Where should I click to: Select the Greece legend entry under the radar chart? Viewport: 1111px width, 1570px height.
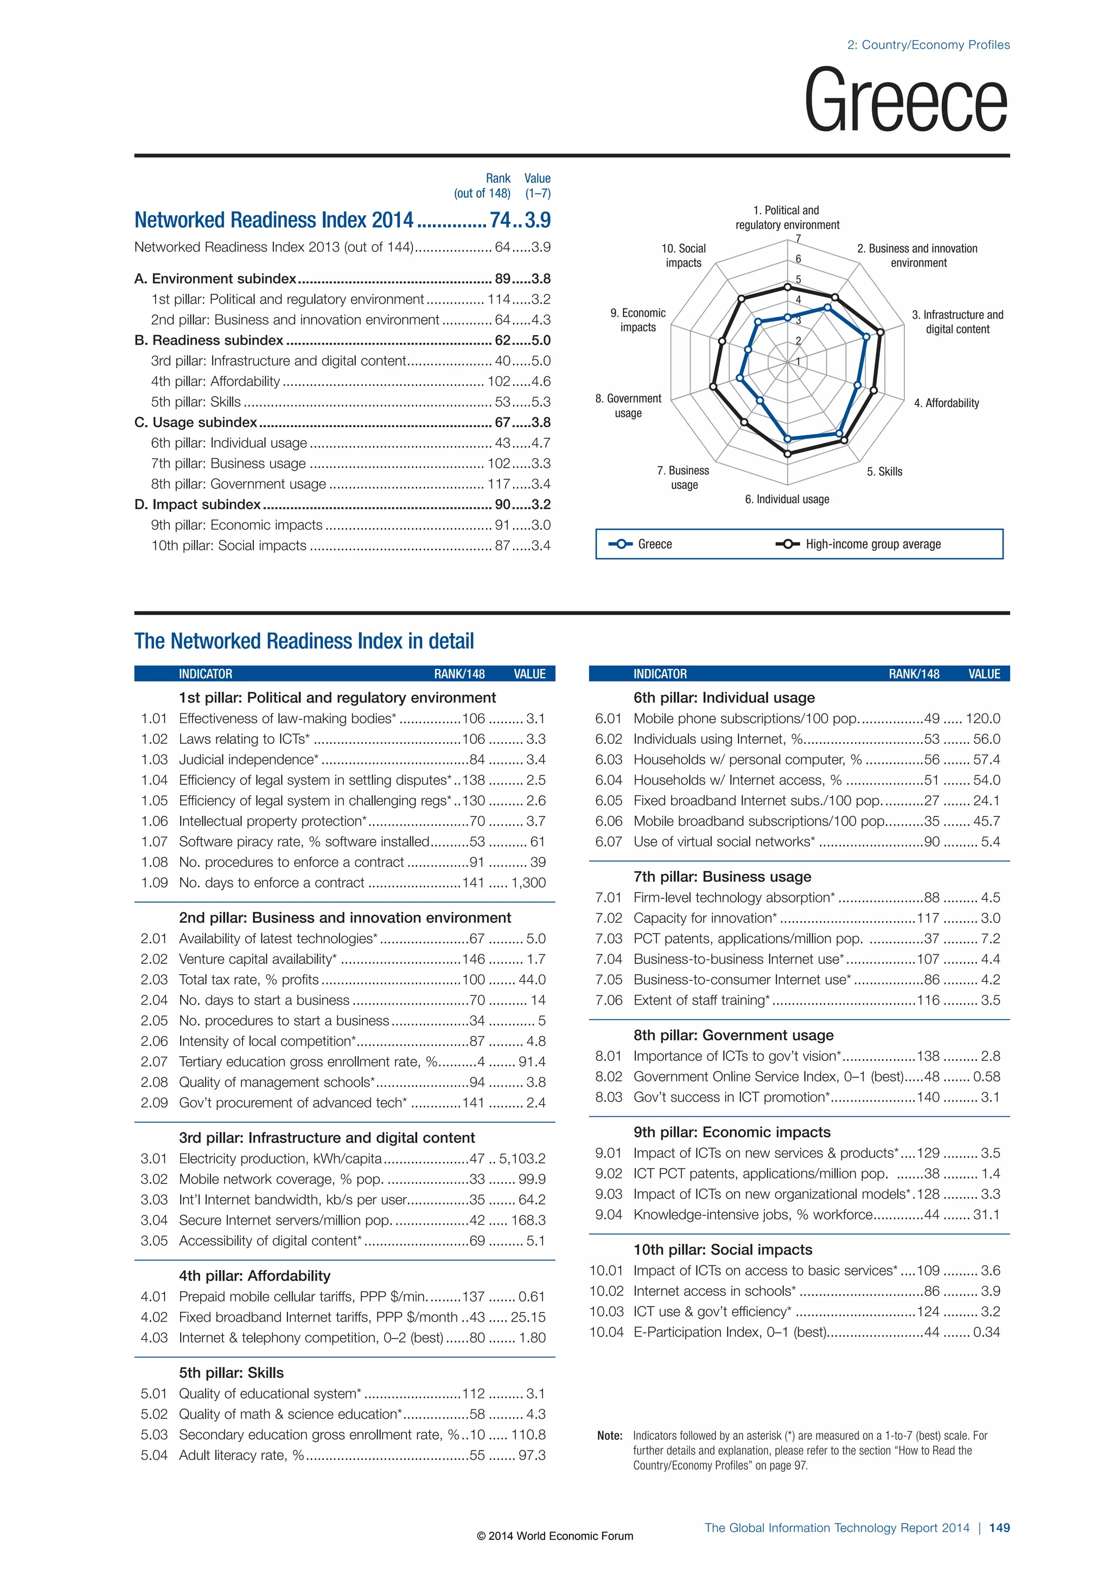[x=654, y=544]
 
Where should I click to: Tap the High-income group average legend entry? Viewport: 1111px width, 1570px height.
[x=872, y=544]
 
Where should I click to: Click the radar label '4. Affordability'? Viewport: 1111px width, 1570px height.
[x=946, y=403]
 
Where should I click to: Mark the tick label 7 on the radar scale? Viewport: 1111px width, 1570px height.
[x=797, y=239]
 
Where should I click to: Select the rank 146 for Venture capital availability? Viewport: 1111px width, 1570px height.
[x=474, y=960]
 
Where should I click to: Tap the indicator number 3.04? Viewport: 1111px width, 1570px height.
[x=154, y=1220]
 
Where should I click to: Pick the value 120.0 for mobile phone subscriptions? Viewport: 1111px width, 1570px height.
[x=982, y=719]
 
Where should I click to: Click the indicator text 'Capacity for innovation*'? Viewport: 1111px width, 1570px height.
[x=705, y=918]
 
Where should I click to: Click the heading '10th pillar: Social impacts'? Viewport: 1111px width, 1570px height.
[x=723, y=1249]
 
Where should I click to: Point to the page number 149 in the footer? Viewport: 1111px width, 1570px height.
[x=999, y=1528]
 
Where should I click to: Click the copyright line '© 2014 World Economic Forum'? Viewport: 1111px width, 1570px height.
[x=555, y=1536]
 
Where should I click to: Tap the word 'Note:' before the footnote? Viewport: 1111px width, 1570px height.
[x=610, y=1436]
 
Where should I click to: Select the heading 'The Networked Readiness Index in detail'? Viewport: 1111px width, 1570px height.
[x=304, y=641]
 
